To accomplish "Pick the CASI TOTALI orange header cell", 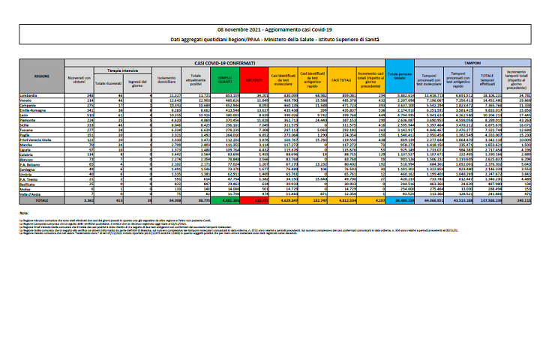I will point(342,78).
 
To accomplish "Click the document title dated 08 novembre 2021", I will point(277,26).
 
